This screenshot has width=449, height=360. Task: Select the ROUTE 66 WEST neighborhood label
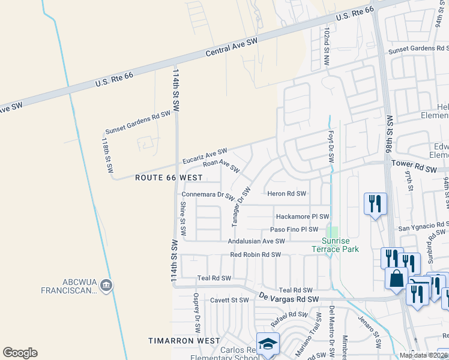click(x=169, y=178)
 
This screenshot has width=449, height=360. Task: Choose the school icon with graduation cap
click(x=267, y=344)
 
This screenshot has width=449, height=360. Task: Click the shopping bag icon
click(x=396, y=278)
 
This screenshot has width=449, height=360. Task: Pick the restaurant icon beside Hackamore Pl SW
click(x=375, y=203)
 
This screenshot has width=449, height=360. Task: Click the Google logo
click(x=20, y=353)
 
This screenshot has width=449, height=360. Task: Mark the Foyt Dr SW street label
click(x=331, y=147)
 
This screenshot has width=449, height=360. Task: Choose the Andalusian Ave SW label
click(x=256, y=241)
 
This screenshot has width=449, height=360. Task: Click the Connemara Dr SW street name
click(x=208, y=195)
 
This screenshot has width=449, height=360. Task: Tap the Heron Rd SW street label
click(x=286, y=194)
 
